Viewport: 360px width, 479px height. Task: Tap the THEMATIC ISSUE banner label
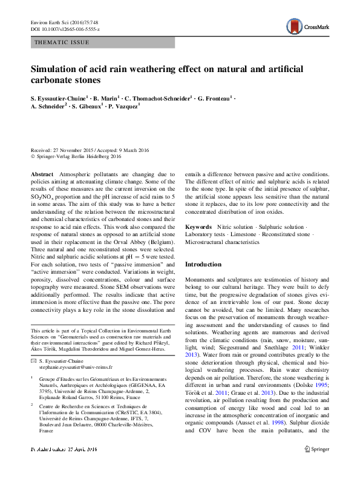[x=62, y=42]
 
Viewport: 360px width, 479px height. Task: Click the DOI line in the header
[x=65, y=29]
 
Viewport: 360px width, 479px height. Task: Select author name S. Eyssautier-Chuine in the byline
[x=59, y=97]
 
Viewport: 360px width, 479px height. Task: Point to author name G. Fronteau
[x=214, y=97]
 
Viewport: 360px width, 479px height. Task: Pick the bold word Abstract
[x=41, y=174]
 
